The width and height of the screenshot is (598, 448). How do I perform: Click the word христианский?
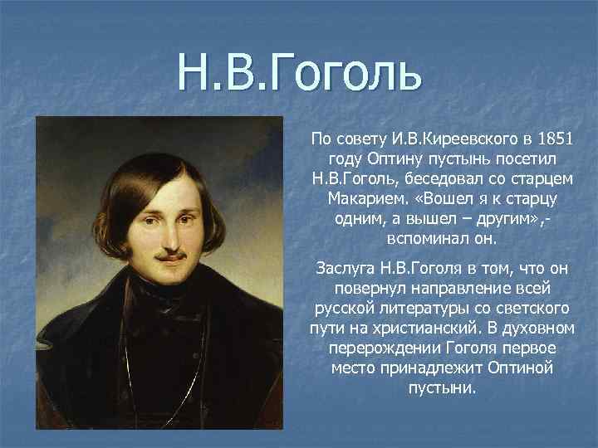[x=425, y=329]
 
